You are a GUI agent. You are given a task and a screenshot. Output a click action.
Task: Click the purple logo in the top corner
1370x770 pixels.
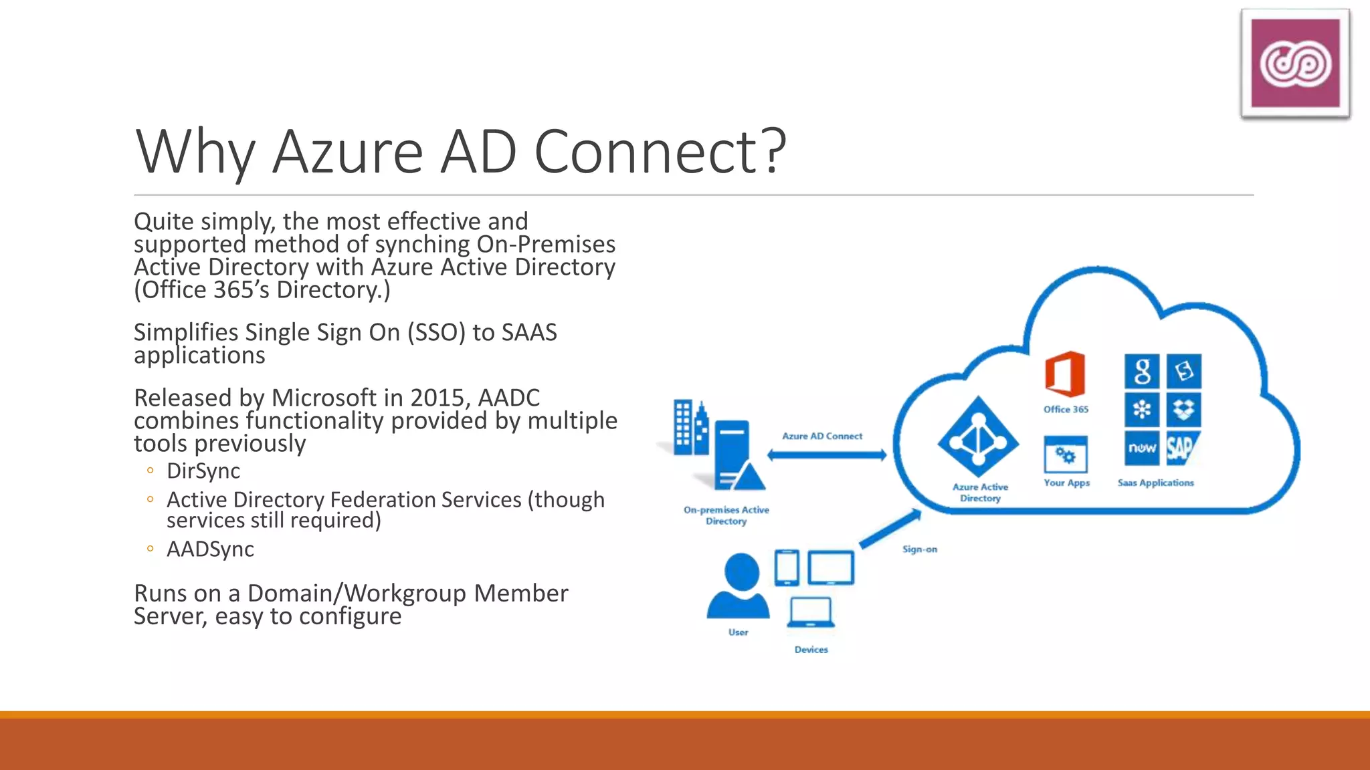1295,63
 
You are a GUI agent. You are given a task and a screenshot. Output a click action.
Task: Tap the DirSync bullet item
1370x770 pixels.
203,471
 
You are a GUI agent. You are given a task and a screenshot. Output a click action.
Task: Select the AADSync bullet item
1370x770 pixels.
210,549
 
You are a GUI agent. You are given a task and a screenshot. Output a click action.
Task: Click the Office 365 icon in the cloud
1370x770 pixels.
1065,374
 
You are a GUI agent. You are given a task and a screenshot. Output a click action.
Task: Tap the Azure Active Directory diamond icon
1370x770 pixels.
979,438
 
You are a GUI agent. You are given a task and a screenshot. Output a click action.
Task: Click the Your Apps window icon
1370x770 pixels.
1066,455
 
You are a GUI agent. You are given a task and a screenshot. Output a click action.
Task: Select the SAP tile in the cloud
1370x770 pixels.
1183,448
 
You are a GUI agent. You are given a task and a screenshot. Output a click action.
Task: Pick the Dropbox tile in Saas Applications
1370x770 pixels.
1183,410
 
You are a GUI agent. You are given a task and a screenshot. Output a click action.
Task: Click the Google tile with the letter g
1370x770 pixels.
1142,372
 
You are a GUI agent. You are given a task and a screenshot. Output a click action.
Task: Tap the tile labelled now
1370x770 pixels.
1142,448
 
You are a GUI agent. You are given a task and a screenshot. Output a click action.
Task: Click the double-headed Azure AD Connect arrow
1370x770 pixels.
827,455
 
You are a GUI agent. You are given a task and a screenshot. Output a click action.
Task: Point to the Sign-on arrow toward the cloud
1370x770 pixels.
890,529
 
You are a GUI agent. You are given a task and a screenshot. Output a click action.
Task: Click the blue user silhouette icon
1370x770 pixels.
739,587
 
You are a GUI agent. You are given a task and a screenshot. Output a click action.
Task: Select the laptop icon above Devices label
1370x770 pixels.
811,612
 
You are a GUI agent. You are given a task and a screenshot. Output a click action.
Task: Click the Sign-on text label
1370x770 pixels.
920,549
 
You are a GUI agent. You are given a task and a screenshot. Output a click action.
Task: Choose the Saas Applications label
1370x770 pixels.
1155,483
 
